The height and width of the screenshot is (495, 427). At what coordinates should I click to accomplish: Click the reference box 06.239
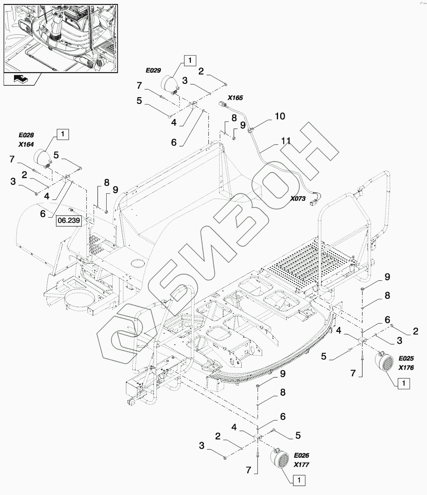[69, 221]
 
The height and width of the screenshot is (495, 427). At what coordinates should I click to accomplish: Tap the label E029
[153, 71]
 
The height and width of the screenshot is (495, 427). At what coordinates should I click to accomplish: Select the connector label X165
[235, 97]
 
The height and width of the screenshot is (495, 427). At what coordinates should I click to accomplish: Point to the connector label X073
[298, 199]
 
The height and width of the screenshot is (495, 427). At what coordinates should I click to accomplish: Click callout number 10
[280, 116]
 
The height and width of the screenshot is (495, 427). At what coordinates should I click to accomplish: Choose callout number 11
[286, 141]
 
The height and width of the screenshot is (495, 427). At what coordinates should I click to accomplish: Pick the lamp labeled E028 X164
[42, 158]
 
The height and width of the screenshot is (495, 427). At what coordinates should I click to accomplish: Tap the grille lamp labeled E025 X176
[383, 362]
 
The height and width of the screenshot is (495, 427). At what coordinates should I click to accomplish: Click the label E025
[406, 358]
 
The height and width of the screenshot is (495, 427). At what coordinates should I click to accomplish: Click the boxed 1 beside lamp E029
[190, 60]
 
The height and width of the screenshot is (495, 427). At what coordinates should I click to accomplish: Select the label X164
[26, 144]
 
